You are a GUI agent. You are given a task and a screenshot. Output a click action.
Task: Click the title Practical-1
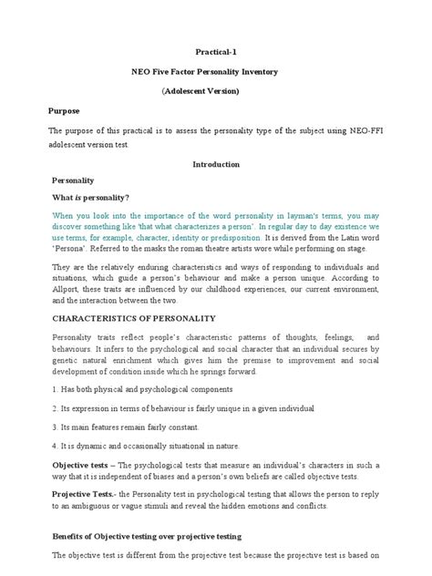[x=216, y=54]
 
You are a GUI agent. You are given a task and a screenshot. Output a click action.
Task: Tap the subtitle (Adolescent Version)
[x=216, y=92]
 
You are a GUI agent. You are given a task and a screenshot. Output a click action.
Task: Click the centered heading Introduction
[x=216, y=164]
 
